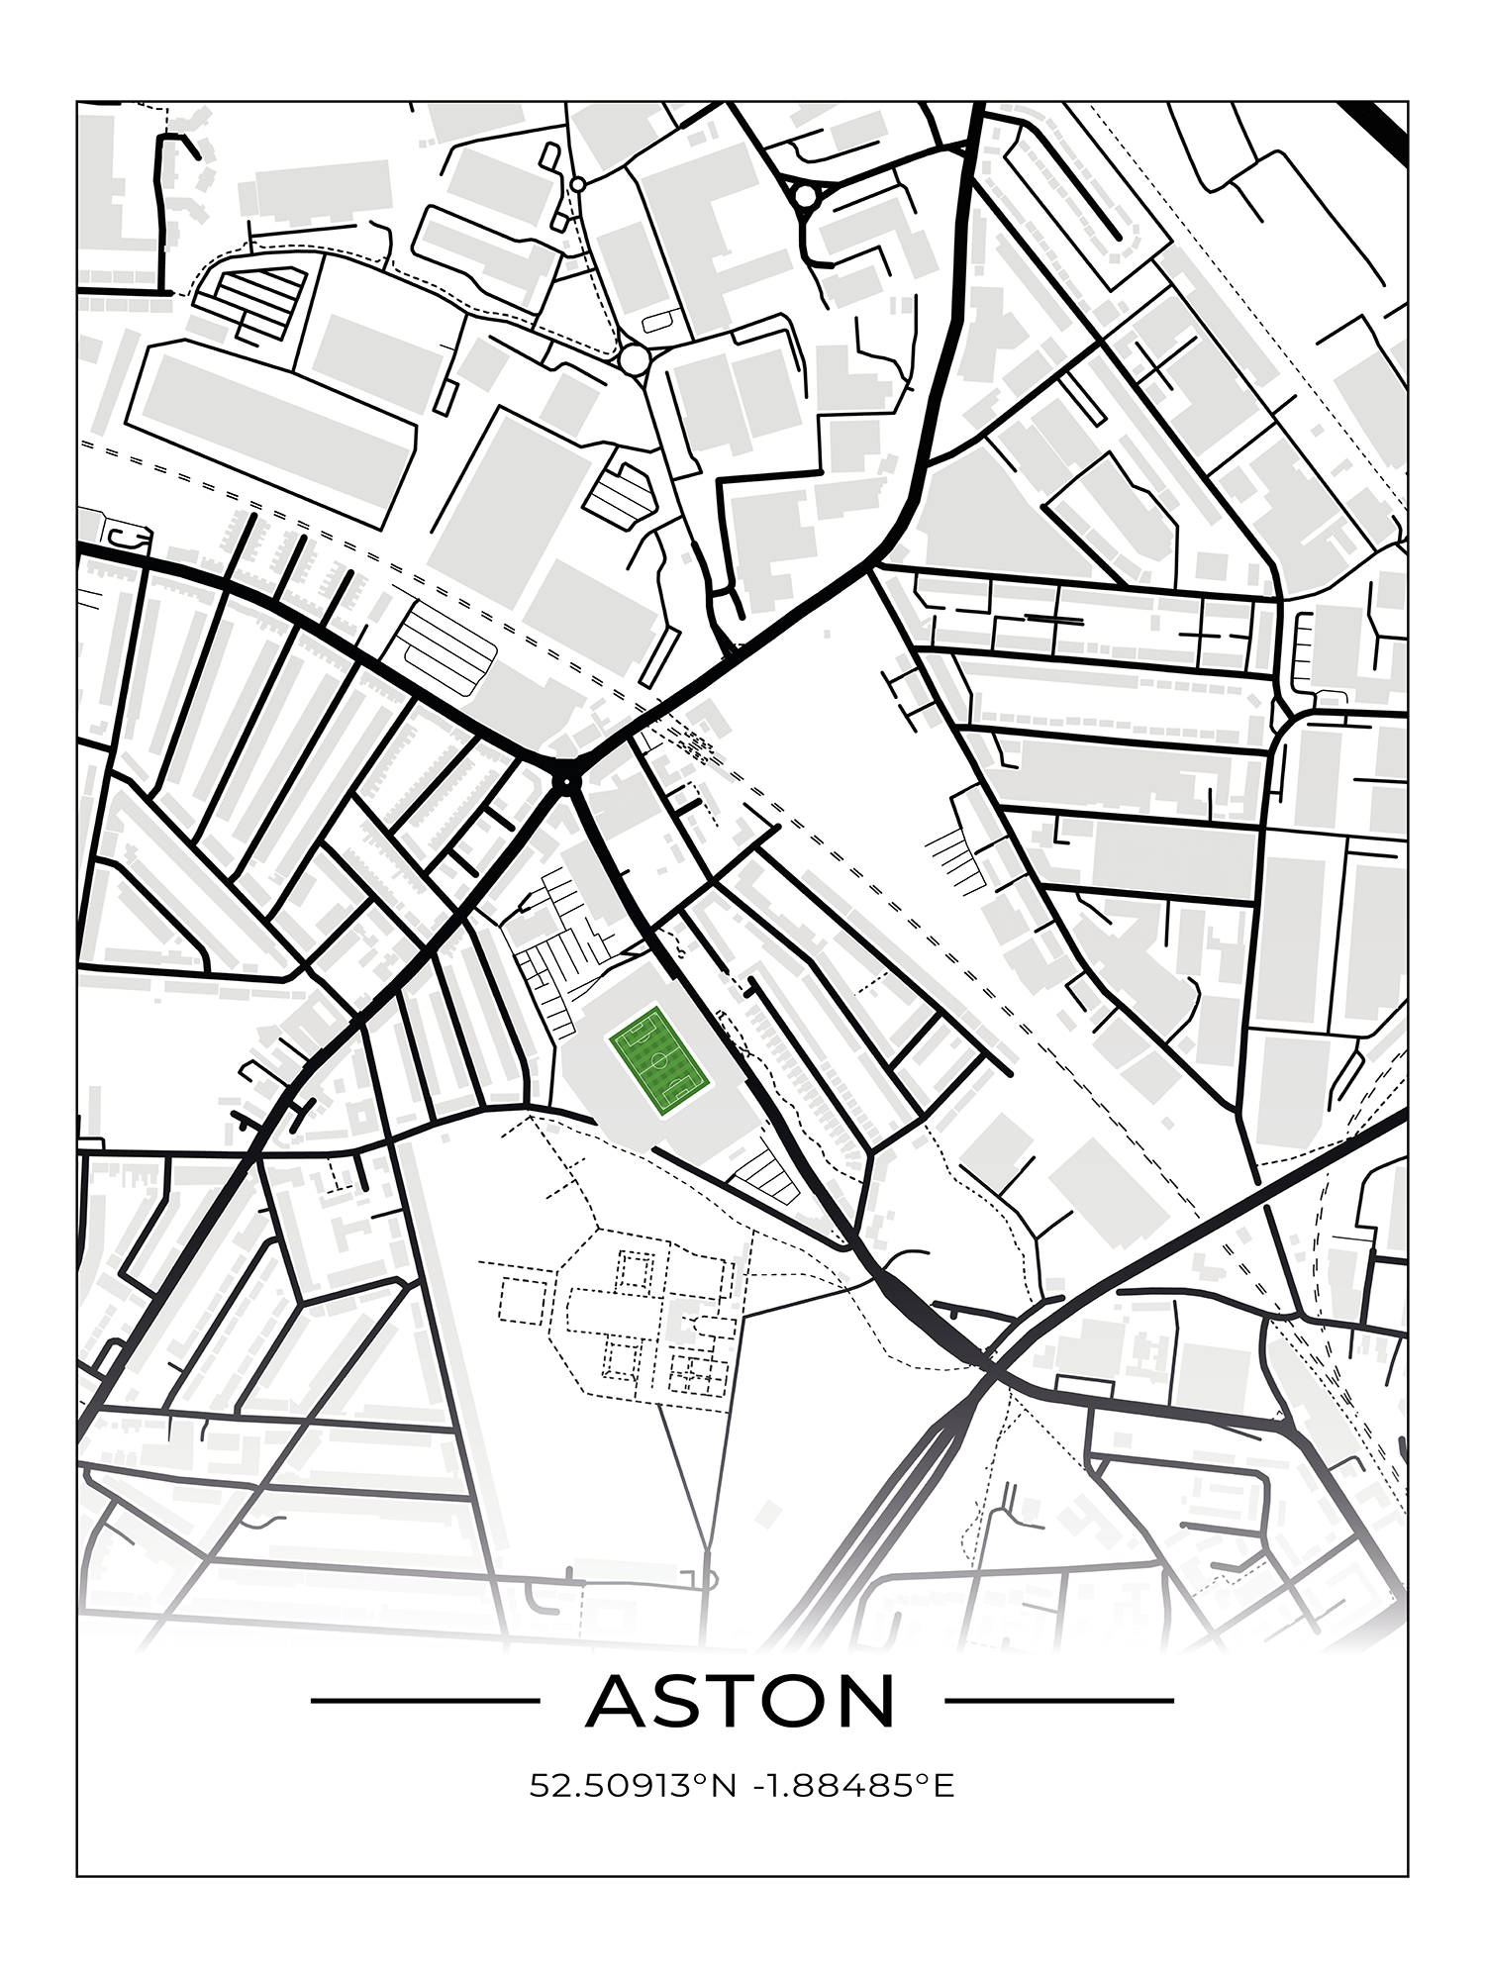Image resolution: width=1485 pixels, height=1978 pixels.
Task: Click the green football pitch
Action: coord(657,1059)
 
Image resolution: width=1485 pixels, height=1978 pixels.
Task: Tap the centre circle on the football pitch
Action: coord(657,1059)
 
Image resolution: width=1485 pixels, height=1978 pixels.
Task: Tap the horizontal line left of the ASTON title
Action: coord(425,1701)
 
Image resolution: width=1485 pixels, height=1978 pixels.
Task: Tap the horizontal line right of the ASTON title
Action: coord(1059,1701)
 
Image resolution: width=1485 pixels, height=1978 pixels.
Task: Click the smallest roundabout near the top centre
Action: coord(577,184)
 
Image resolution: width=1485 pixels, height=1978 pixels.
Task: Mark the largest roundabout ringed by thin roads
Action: coord(635,358)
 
